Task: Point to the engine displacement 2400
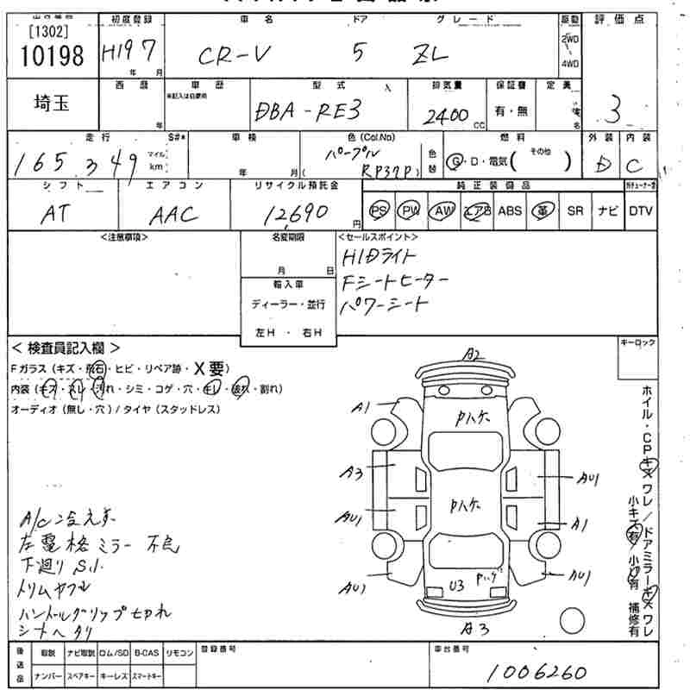pos(446,115)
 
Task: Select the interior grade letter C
pos(637,163)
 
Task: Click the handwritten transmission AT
pos(54,216)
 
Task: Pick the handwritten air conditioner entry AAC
pos(173,216)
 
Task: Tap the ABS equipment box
pos(510,210)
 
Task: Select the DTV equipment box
pos(641,210)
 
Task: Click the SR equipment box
pos(575,210)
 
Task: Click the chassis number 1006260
pos(536,672)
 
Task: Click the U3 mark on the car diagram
pos(457,586)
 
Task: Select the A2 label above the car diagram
pos(471,353)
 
